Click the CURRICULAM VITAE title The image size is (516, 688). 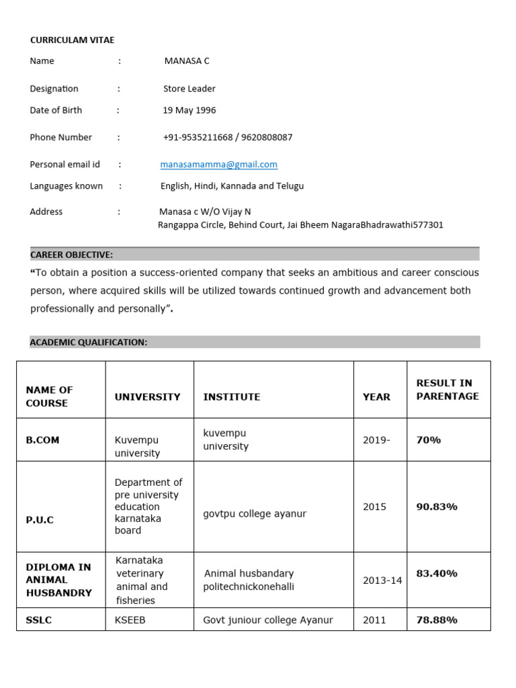(72, 40)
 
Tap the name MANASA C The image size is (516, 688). (187, 61)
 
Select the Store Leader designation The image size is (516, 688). (189, 89)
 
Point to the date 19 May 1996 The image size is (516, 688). (189, 110)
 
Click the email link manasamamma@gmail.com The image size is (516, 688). (218, 165)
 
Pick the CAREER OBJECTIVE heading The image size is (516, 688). (72, 255)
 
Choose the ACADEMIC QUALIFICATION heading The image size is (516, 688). (89, 343)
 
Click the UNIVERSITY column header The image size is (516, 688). (147, 397)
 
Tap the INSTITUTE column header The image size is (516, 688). (231, 397)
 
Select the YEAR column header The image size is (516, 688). (376, 397)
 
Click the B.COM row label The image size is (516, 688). (42, 440)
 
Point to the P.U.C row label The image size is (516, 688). (40, 519)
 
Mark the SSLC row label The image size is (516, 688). (39, 620)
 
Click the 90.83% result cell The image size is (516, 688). (437, 507)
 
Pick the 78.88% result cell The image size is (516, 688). (437, 620)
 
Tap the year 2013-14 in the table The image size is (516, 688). (382, 580)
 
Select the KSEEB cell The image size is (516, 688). (130, 620)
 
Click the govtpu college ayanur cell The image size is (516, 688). (255, 514)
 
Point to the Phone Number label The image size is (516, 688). (60, 137)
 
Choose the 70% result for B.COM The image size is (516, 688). (429, 440)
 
